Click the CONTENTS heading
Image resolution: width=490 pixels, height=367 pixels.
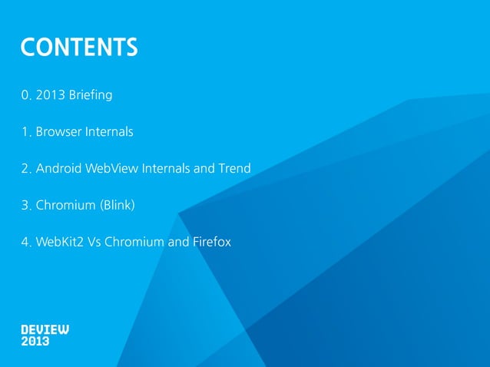80,48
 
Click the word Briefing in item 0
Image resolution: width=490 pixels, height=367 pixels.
91,96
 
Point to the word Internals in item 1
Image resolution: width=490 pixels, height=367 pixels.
109,132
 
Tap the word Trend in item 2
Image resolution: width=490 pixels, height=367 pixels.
234,169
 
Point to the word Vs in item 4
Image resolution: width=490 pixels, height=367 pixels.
92,243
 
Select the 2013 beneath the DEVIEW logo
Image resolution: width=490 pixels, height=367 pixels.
35,341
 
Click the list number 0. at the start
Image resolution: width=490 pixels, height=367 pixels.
27,96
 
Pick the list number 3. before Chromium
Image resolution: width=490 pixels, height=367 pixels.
27,206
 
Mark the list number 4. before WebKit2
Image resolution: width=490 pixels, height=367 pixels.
27,243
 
